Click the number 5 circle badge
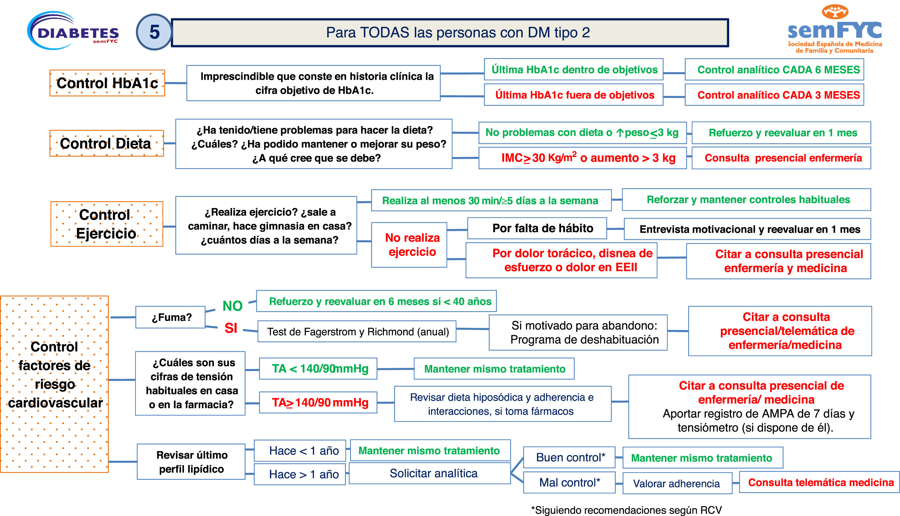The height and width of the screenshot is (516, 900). pyautogui.click(x=154, y=32)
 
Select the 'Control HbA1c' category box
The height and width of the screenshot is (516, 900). pyautogui.click(x=107, y=83)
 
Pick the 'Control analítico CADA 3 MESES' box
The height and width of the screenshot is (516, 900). pyautogui.click(x=774, y=95)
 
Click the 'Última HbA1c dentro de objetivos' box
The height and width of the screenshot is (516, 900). pyautogui.click(x=573, y=70)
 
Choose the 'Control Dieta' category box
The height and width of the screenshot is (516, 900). pyautogui.click(x=106, y=143)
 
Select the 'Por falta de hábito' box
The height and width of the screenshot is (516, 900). pyautogui.click(x=537, y=228)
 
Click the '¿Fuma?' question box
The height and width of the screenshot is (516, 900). pyautogui.click(x=171, y=317)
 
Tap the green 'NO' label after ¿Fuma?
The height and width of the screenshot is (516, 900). pyautogui.click(x=232, y=306)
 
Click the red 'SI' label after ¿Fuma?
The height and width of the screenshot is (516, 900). pyautogui.click(x=231, y=328)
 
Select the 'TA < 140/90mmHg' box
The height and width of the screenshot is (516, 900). pyautogui.click(x=318, y=369)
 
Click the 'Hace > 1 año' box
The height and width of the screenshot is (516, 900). pyautogui.click(x=300, y=474)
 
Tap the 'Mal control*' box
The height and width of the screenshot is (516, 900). pyautogui.click(x=569, y=482)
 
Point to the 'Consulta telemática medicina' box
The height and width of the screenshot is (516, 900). pyautogui.click(x=819, y=482)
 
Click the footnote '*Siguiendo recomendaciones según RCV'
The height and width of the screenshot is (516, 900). pyautogui.click(x=626, y=510)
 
